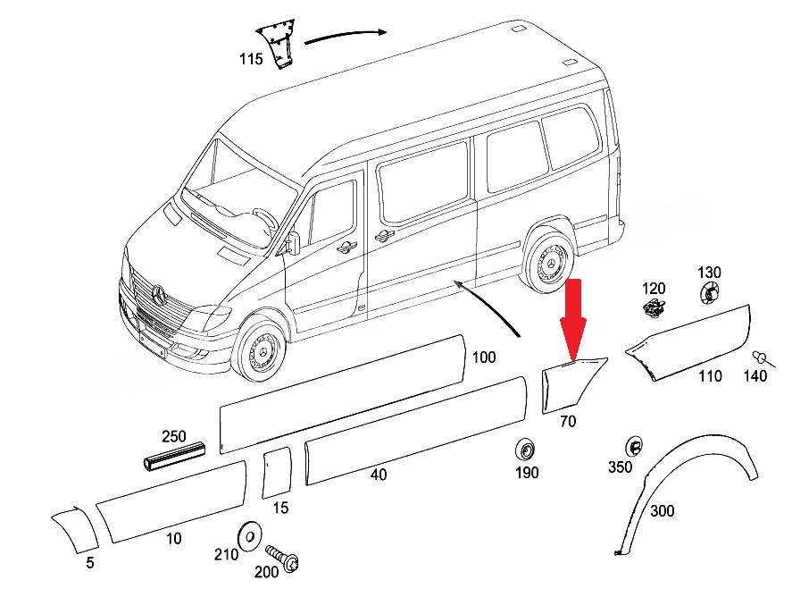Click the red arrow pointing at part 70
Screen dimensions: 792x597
pos(572,319)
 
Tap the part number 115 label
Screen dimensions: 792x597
pos(251,59)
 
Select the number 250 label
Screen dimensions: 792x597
pos(174,436)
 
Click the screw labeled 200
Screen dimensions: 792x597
pos(282,558)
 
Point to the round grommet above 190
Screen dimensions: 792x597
pos(525,450)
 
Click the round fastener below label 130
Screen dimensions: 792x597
pos(710,292)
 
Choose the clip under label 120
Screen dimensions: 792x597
pos(655,307)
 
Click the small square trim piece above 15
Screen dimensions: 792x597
pos(277,472)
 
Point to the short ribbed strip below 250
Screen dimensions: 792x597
pos(174,456)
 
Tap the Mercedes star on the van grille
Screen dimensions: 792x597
pos(159,295)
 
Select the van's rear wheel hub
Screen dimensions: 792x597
pos(550,263)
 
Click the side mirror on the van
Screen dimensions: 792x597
pos(293,242)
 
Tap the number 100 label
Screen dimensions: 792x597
pos(484,357)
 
